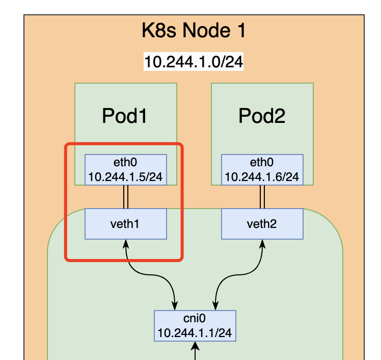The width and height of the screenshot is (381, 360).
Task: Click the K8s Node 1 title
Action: [x=194, y=31]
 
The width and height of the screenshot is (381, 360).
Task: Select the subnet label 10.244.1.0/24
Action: [x=194, y=62]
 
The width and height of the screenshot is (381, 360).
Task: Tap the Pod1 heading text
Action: [x=125, y=116]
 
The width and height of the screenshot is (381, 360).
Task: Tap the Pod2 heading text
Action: [x=262, y=116]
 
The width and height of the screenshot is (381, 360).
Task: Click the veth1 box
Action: [x=125, y=223]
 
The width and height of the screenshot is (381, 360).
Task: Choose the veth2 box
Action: [x=262, y=223]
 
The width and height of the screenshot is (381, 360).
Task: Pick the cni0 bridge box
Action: [x=195, y=325]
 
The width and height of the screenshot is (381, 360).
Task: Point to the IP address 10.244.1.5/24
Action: [x=125, y=177]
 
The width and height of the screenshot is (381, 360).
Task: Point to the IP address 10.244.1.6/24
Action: [x=262, y=177]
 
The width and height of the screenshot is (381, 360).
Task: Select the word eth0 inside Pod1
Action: [x=125, y=163]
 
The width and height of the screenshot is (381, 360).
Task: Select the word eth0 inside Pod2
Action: [x=262, y=163]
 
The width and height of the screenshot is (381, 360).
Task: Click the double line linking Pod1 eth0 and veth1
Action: [x=125, y=196]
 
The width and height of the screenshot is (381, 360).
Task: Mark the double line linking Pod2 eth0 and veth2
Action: [x=262, y=196]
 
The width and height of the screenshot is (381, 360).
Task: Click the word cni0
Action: [x=195, y=319]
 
